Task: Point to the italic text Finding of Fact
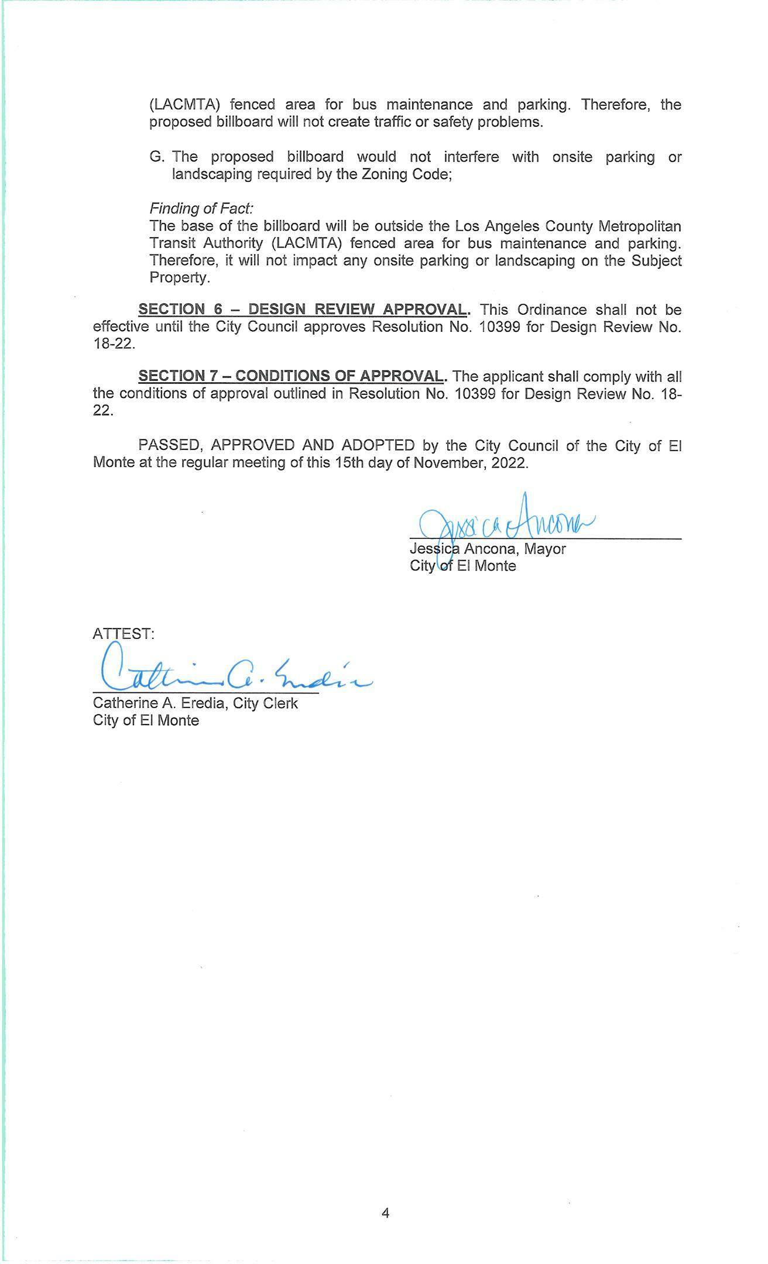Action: tap(201, 208)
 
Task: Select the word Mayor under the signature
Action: tap(545, 549)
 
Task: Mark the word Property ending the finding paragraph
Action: tap(179, 278)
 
